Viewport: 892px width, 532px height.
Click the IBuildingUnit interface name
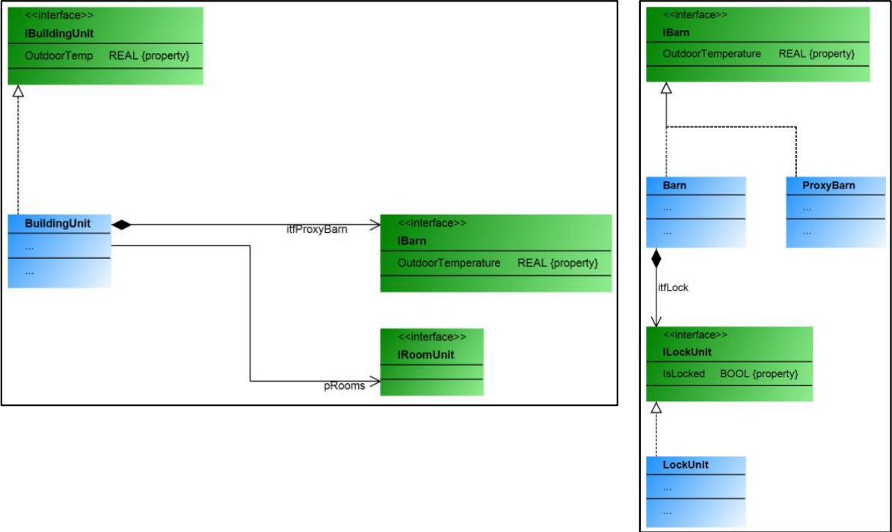(x=59, y=34)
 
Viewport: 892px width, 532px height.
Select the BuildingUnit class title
(x=58, y=223)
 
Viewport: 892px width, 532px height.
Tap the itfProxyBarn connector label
(x=317, y=230)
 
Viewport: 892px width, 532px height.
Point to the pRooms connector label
(x=344, y=386)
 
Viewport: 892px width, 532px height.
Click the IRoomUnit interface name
(x=425, y=355)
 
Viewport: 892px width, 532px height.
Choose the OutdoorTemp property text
(x=59, y=55)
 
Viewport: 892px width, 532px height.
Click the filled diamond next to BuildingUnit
(x=120, y=224)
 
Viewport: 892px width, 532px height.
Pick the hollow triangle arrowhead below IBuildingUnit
(x=19, y=91)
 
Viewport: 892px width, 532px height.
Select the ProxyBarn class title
(x=828, y=185)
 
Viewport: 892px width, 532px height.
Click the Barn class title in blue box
(x=674, y=185)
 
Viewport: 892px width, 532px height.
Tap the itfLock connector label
(x=673, y=287)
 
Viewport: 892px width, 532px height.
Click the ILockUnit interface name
(x=687, y=352)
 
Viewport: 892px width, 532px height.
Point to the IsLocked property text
(x=683, y=373)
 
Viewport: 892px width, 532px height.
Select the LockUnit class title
(x=686, y=465)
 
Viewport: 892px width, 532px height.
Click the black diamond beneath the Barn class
(x=656, y=259)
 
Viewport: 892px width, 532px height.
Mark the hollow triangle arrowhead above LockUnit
(x=656, y=409)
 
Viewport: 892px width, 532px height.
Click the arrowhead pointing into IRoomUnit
(x=375, y=381)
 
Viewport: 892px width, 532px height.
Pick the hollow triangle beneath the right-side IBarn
(x=666, y=88)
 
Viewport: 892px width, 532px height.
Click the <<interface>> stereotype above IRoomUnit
(x=432, y=337)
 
